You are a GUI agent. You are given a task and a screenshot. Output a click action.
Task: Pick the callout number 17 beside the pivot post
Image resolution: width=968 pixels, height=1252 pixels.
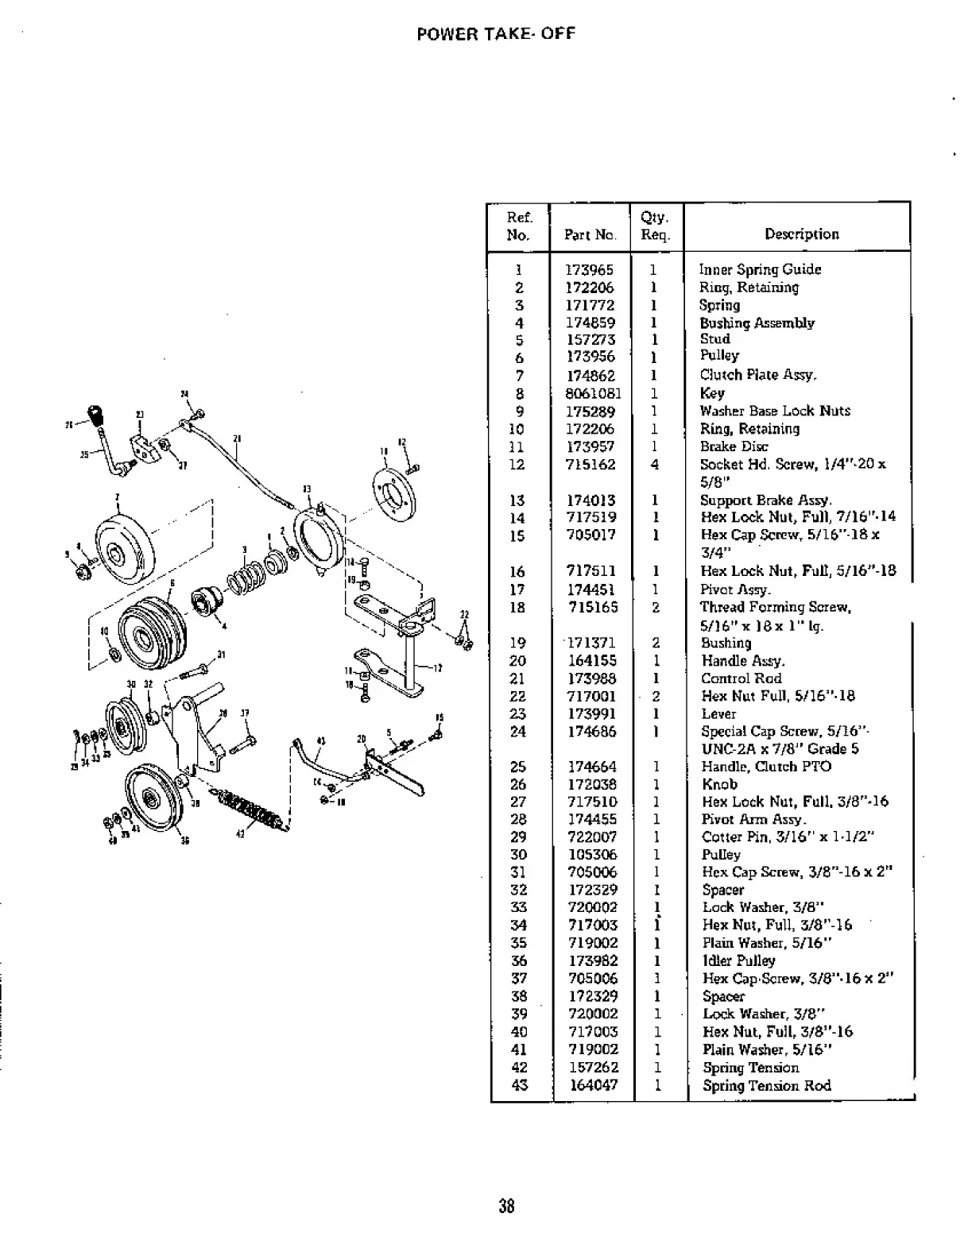coord(438,667)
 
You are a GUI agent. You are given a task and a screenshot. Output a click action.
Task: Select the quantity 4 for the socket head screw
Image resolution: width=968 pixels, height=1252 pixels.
coord(655,465)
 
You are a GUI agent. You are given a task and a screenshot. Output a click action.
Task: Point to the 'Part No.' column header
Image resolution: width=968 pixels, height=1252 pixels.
coord(590,234)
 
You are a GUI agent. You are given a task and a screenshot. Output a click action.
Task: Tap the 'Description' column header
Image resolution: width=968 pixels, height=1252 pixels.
coord(801,234)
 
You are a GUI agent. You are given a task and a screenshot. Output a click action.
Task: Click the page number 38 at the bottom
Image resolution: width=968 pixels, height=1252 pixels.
coord(506,1207)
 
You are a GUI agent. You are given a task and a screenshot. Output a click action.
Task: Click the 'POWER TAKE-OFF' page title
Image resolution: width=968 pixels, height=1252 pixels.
coord(495,34)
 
